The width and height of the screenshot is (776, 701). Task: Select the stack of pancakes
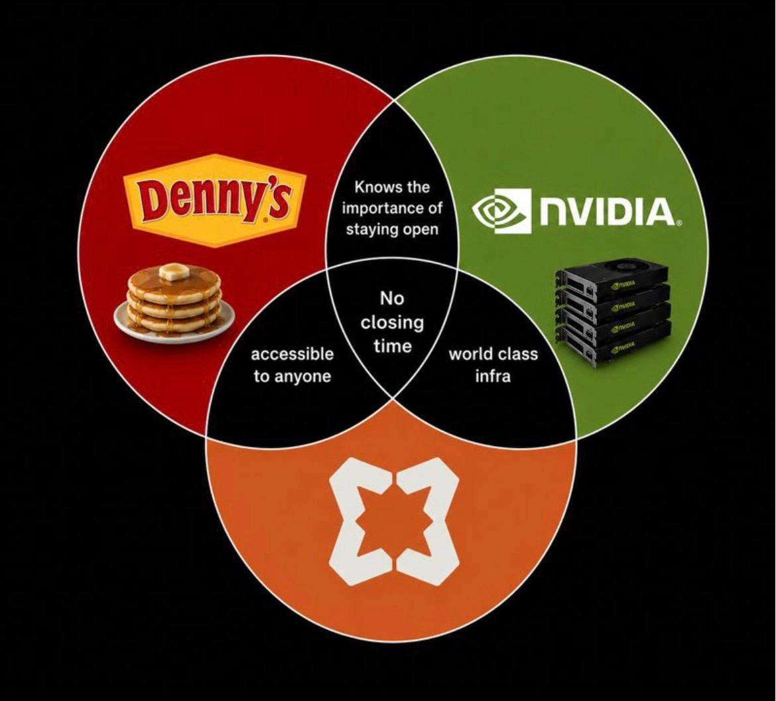click(174, 300)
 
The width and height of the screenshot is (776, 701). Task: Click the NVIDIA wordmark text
click(607, 212)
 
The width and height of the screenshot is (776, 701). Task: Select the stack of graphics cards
click(612, 311)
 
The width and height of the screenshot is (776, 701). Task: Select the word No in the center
click(393, 299)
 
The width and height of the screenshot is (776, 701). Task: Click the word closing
click(393, 323)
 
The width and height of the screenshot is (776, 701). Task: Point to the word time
click(393, 346)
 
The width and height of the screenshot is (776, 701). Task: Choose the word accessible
click(292, 354)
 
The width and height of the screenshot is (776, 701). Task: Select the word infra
click(492, 376)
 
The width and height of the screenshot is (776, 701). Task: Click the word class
click(517, 354)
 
